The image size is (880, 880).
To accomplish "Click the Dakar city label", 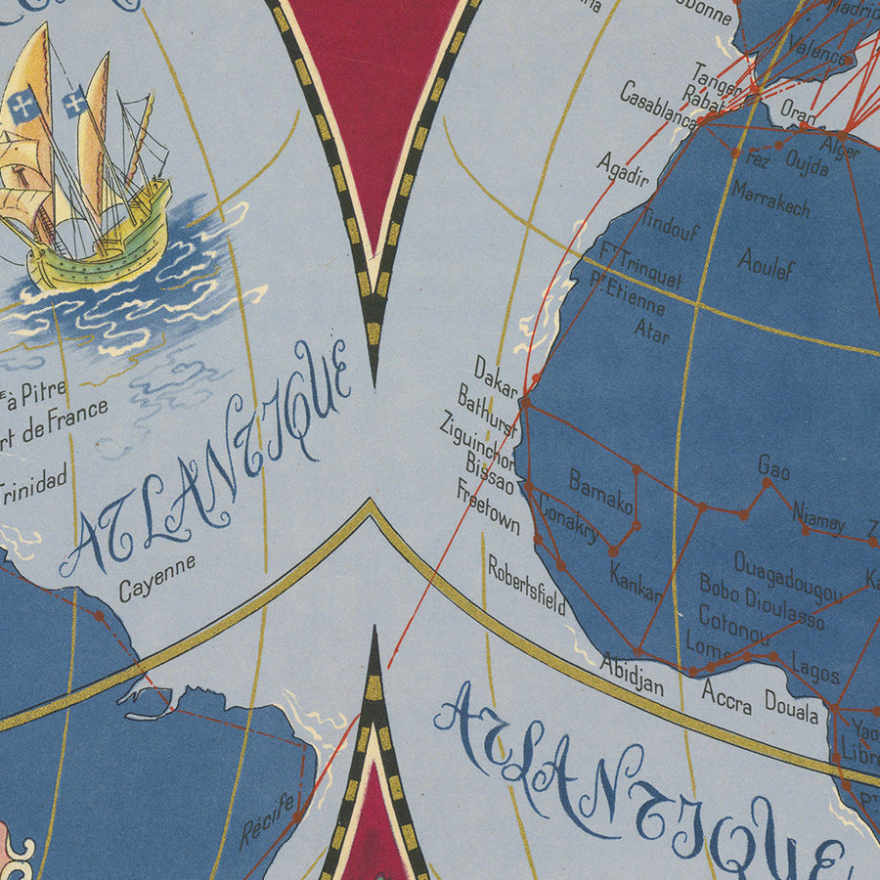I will (496, 376).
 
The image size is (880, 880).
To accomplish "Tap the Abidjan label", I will (632, 674).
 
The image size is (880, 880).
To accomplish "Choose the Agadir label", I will (623, 168).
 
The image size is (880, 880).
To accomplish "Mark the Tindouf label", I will (674, 229).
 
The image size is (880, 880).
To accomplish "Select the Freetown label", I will (488, 507).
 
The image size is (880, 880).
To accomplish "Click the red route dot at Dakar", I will (525, 401).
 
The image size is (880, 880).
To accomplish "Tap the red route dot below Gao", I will (768, 482).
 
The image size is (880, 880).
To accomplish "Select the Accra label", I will (726, 696).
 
